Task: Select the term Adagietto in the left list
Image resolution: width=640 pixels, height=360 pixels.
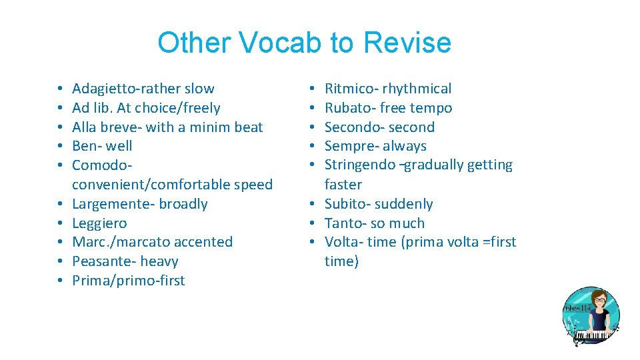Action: coord(104,89)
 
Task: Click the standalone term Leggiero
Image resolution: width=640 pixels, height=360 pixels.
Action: coord(99,223)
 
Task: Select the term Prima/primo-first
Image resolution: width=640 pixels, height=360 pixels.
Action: coord(128,281)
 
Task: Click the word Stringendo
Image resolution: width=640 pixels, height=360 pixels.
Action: coord(361,165)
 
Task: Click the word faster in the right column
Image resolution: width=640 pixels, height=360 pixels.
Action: coord(343,185)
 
